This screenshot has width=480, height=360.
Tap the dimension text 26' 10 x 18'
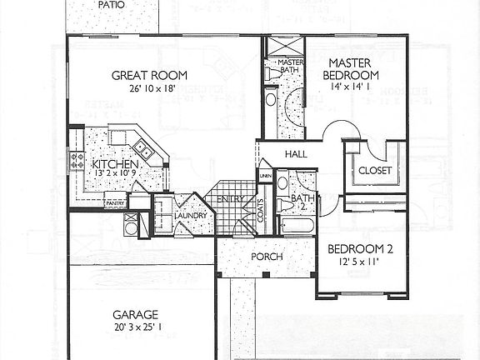coord(147,87)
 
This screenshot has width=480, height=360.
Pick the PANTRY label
coord(114,202)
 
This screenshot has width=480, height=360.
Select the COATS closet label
coord(261,210)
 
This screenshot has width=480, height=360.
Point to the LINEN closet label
coord(265,177)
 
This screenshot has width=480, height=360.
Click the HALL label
coord(297,155)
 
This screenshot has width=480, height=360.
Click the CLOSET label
coord(374,171)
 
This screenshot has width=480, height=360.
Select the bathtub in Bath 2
coord(297,227)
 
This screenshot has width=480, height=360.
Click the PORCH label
coord(267,257)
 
